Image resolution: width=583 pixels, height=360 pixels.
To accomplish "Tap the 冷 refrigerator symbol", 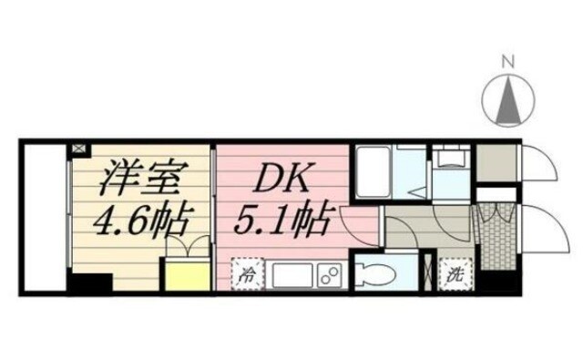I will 244,273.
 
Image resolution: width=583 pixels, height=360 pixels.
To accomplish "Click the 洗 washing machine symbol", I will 452,272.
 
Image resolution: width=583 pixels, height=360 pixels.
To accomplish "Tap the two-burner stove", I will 329,273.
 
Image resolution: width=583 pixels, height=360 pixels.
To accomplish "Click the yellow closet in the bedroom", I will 184,273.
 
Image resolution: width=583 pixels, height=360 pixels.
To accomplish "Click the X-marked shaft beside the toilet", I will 428,273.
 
